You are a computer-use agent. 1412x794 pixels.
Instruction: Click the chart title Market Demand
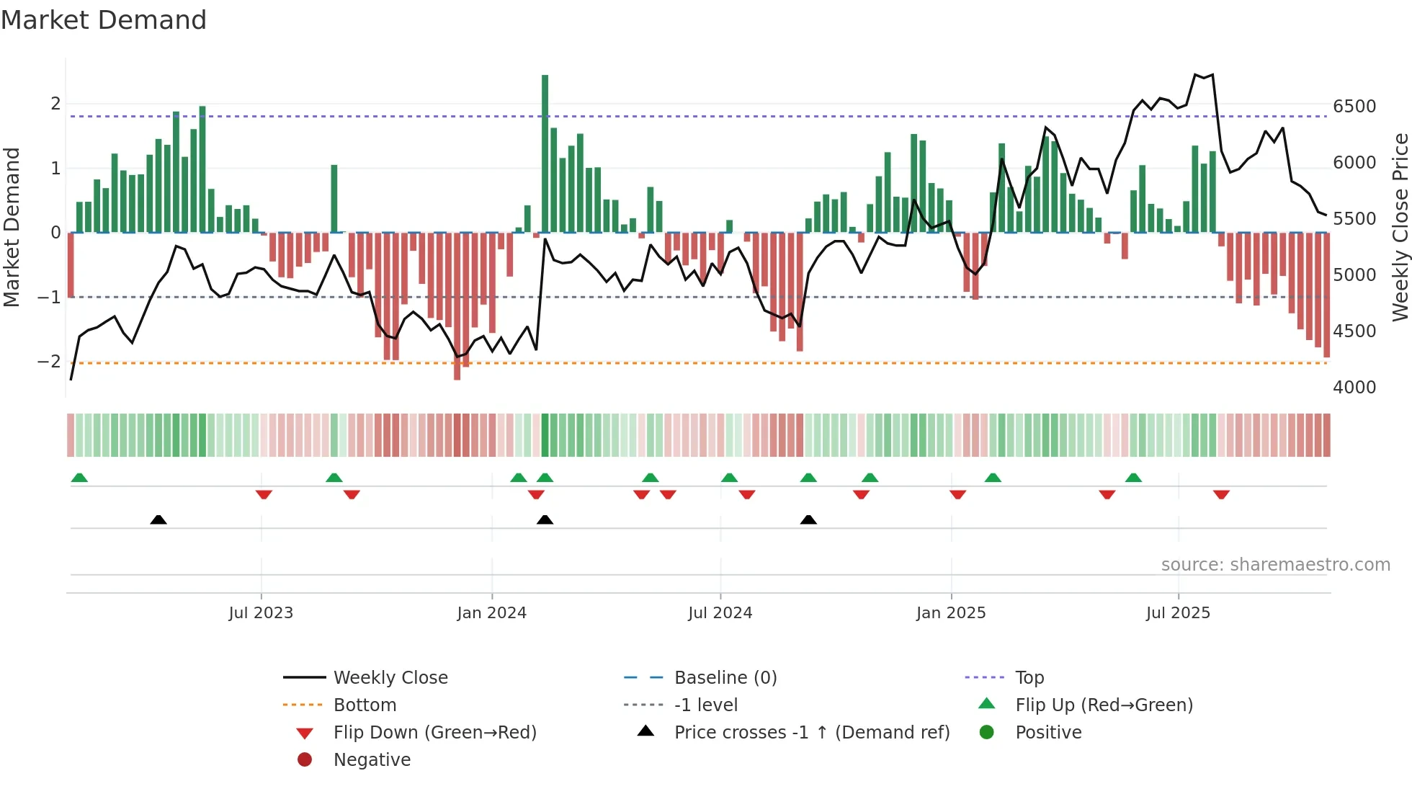point(104,20)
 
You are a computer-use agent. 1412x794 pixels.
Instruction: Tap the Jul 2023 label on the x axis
point(261,613)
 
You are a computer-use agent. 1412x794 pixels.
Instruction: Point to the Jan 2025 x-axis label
point(951,613)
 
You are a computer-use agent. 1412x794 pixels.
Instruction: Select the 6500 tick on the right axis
point(1354,107)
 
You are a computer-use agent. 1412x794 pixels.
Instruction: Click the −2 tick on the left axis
point(50,362)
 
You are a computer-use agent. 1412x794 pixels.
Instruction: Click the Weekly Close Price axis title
point(1400,227)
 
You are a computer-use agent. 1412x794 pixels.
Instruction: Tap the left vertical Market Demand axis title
point(12,227)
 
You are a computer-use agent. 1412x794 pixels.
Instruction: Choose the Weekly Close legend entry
point(390,678)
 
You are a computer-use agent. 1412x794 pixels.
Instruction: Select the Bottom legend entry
point(365,705)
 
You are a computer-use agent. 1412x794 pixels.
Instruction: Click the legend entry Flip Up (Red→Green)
point(1104,705)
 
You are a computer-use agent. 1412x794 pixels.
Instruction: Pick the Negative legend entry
point(372,760)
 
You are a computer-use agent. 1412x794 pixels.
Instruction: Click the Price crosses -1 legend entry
point(811,733)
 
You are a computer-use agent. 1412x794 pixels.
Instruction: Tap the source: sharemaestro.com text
point(1275,565)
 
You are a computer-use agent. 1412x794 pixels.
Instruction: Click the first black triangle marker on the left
point(158,519)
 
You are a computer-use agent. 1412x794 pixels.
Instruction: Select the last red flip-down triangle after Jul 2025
point(1221,494)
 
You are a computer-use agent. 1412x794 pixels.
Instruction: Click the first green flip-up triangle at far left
point(79,478)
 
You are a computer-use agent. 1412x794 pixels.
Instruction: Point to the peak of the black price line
point(1195,74)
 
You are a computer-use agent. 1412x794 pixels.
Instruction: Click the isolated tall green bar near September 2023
point(334,198)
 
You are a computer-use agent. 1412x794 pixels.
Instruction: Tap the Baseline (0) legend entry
point(725,678)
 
